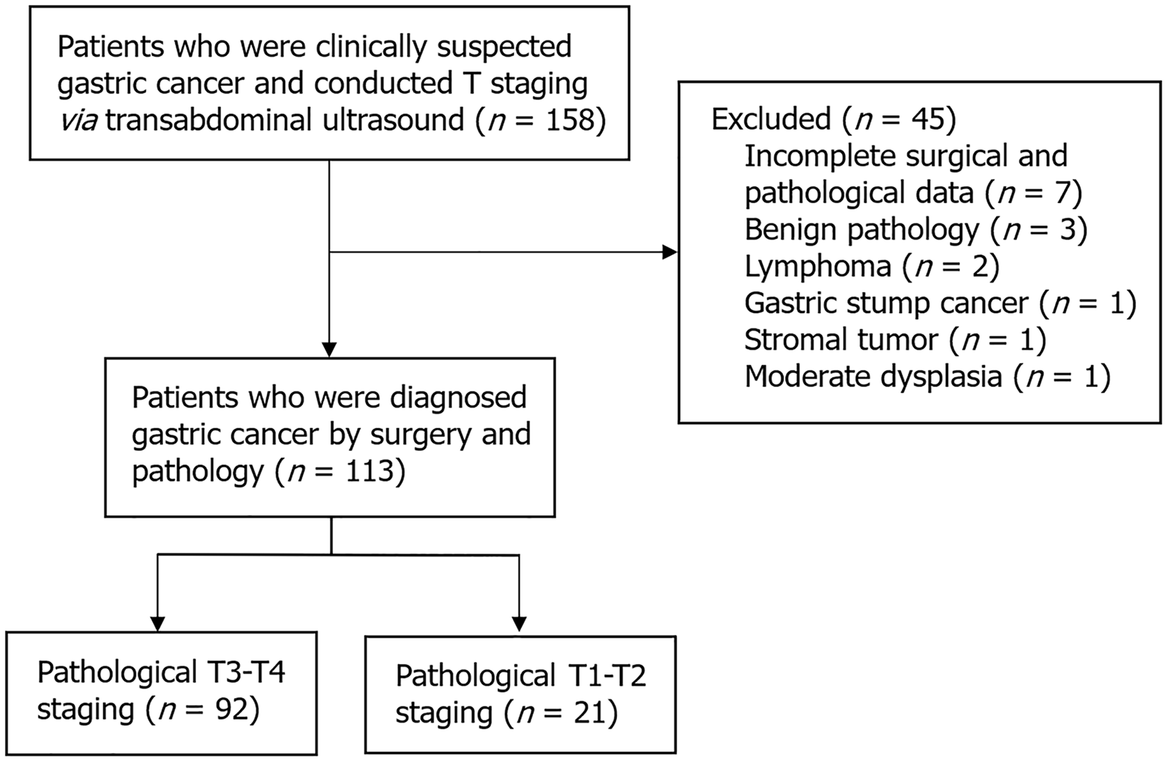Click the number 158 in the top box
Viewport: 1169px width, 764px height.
tap(568, 120)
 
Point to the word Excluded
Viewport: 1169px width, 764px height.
tap(771, 119)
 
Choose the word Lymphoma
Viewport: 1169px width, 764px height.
tap(817, 266)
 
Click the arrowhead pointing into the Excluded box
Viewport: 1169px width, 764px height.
tap(670, 252)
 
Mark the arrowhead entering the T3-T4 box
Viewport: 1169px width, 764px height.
tap(158, 624)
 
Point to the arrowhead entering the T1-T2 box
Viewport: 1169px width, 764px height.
tap(519, 624)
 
